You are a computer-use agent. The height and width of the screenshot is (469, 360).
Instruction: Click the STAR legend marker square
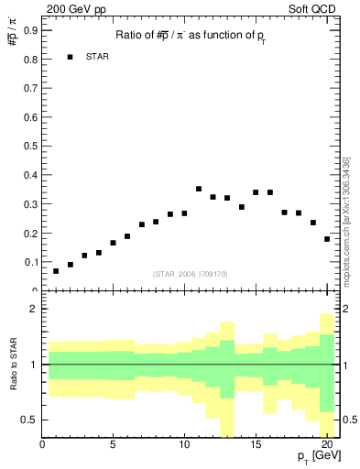pyautogui.click(x=70, y=57)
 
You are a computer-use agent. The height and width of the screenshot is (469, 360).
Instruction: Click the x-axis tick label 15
pyautogui.click(x=256, y=446)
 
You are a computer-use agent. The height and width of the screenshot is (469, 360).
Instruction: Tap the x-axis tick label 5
pyautogui.click(x=113, y=446)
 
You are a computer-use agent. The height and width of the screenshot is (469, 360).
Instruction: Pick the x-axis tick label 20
pyautogui.click(x=326, y=446)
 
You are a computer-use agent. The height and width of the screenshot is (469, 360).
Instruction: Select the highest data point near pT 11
pyautogui.click(x=199, y=189)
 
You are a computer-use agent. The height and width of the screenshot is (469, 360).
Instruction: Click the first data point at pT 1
pyautogui.click(x=56, y=271)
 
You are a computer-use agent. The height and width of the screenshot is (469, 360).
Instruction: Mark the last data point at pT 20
pyautogui.click(x=327, y=239)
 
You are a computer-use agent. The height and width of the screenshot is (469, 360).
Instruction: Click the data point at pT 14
pyautogui.click(x=241, y=207)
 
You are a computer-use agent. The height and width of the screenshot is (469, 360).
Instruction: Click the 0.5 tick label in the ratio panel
pyautogui.click(x=30, y=420)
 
